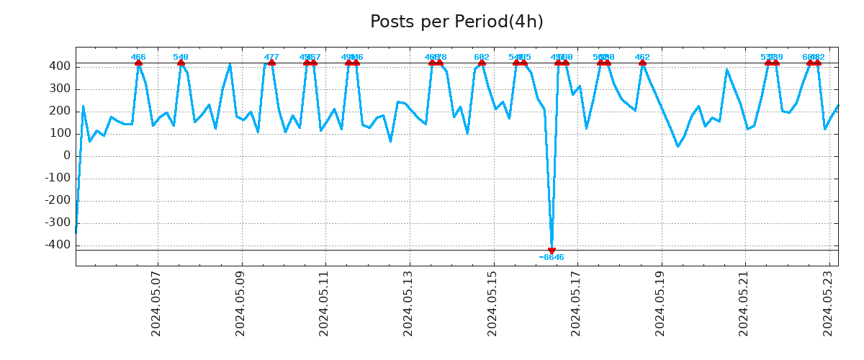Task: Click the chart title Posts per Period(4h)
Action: tap(456, 22)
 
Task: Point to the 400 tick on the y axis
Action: tap(60, 66)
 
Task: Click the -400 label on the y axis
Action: tap(57, 245)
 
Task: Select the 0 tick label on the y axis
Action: tap(66, 156)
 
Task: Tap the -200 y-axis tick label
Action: tap(57, 200)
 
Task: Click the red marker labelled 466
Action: tap(138, 63)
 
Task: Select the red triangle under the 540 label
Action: tap(181, 63)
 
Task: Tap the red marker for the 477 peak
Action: tap(271, 63)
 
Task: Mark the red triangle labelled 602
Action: tap(482, 63)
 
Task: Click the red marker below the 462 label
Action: tap(642, 63)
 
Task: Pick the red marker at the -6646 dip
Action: tap(552, 250)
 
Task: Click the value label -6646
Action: tap(552, 258)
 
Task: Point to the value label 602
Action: tap(482, 57)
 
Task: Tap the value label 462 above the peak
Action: tap(642, 57)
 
